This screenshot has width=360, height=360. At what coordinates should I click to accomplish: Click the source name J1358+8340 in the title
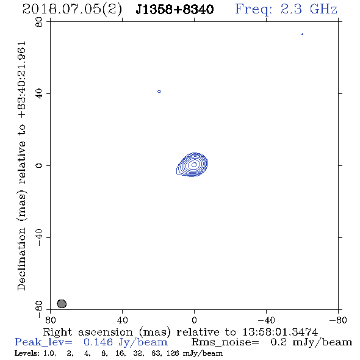(x=175, y=10)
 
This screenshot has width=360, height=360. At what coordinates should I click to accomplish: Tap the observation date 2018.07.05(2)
(x=72, y=10)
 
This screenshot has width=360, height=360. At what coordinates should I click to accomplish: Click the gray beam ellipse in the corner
(x=62, y=304)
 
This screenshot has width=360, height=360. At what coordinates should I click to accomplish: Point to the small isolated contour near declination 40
(x=159, y=92)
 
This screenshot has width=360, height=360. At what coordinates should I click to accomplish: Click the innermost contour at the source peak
(x=194, y=164)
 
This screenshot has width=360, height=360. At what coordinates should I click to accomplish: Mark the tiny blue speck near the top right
(x=303, y=34)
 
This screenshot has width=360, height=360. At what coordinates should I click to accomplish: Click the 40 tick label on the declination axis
(x=39, y=94)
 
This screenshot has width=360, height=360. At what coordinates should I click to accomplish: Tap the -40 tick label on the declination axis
(x=39, y=237)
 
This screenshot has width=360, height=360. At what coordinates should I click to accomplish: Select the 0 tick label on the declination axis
(x=39, y=165)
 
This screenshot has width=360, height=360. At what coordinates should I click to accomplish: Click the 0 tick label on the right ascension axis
(x=194, y=320)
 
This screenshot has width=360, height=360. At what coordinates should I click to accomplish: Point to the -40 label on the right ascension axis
(x=266, y=320)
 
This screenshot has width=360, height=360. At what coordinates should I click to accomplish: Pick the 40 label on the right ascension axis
(x=123, y=320)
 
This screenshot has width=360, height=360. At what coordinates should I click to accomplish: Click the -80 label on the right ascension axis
(x=338, y=320)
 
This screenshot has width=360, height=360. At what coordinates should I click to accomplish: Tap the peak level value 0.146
(x=98, y=342)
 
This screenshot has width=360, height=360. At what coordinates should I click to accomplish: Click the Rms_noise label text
(x=225, y=342)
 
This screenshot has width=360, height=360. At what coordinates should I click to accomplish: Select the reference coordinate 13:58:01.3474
(x=280, y=332)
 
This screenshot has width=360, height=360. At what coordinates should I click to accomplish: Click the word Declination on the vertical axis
(x=21, y=259)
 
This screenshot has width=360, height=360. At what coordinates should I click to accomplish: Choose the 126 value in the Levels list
(x=172, y=353)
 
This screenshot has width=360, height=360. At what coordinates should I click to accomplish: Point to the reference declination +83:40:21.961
(x=22, y=80)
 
